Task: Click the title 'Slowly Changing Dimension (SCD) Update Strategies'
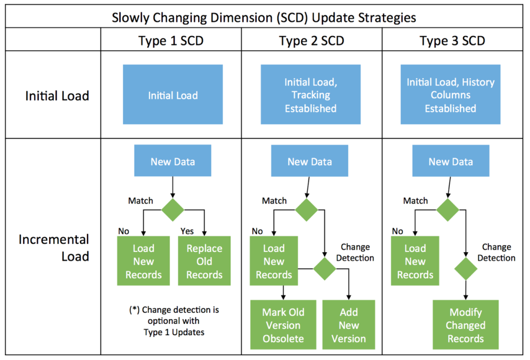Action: click(264, 17)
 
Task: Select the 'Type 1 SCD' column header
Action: click(171, 41)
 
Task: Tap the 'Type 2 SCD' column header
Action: click(311, 41)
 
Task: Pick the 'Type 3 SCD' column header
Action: click(452, 41)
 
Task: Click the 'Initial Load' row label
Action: click(57, 95)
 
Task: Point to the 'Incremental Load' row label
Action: click(54, 248)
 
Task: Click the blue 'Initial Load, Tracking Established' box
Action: click(311, 95)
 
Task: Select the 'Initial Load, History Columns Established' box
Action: click(450, 95)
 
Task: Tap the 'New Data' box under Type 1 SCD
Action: click(173, 162)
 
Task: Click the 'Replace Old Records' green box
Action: click(204, 261)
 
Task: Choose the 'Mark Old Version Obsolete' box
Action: click(283, 325)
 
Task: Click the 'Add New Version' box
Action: click(349, 325)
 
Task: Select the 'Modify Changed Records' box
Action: click(466, 325)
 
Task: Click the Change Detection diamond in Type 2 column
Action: click(325, 268)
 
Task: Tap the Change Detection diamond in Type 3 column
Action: click(466, 269)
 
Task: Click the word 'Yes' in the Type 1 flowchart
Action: click(187, 230)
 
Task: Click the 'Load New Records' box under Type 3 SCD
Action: click(415, 261)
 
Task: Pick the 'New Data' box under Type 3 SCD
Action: click(450, 162)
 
